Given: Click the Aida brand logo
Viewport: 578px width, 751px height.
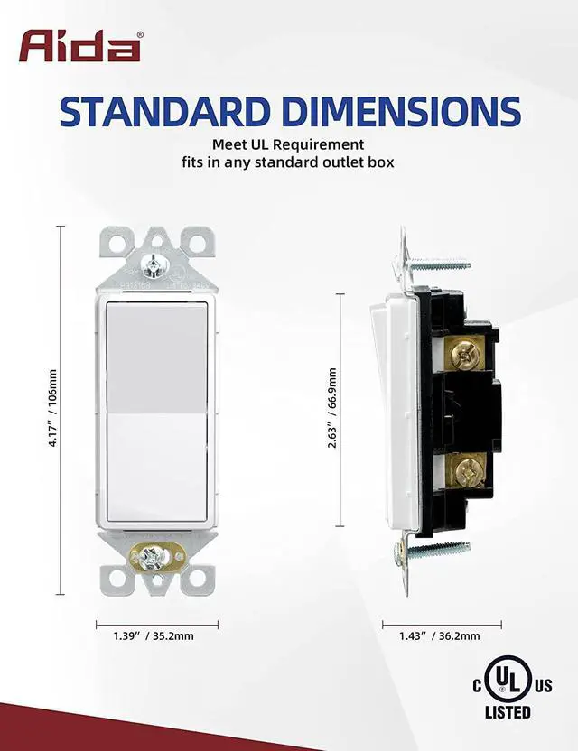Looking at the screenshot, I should (x=81, y=45).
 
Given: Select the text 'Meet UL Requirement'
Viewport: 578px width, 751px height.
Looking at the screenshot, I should (x=288, y=144).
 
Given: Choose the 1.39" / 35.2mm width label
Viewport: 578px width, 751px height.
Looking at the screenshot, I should (x=157, y=636).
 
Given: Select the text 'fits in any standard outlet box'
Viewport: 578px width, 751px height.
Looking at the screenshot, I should (x=288, y=162).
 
